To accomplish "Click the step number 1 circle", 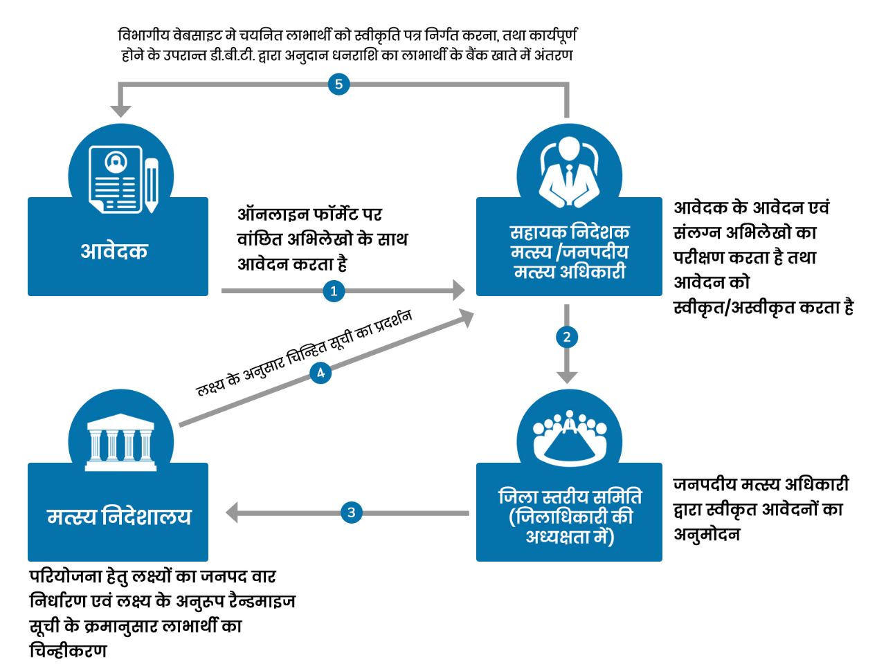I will point(334,291).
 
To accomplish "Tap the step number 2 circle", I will point(567,338).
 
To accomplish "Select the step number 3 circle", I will point(352,513).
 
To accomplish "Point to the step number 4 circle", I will point(320,373).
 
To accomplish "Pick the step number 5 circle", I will point(338,84).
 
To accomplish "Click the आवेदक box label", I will point(114,250).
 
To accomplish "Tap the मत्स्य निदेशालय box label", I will point(118,517).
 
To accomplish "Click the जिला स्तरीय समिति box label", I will point(569,517).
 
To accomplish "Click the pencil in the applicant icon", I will point(151,184).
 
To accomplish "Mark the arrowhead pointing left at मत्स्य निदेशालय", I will point(233,513).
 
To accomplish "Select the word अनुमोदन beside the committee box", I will point(706,535).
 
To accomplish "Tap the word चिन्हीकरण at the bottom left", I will point(68,651).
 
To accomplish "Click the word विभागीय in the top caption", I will point(144,35).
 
